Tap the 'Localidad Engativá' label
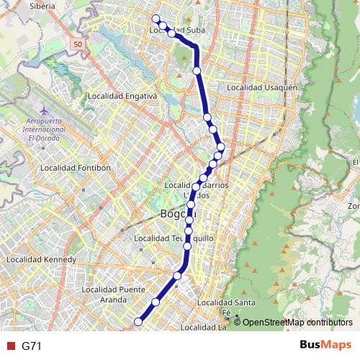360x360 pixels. pos(122,95)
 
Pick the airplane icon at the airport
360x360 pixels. pos(45,111)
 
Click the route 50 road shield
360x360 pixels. pos(76,45)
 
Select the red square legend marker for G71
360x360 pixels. pos(9,346)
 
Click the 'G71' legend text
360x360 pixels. pos(32,346)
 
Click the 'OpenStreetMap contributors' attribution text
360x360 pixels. pos(297,323)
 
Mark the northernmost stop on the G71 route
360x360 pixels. pos(156,18)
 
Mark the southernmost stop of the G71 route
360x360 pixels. pos(138,321)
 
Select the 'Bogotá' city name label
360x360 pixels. pos(178,214)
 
